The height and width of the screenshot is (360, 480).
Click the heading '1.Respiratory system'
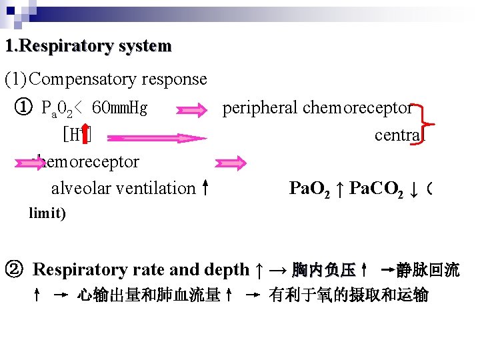[87, 47]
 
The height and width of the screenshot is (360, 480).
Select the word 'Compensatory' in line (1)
[85, 79]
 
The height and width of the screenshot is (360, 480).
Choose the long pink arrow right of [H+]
[156, 137]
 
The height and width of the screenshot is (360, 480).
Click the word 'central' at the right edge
[397, 135]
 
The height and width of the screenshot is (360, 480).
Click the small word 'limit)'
[47, 214]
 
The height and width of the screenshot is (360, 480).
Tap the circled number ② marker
[14, 269]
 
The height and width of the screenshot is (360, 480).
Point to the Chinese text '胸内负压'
[323, 270]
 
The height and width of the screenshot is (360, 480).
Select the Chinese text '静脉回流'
[427, 270]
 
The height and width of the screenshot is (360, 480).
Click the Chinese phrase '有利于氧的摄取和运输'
[348, 295]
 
